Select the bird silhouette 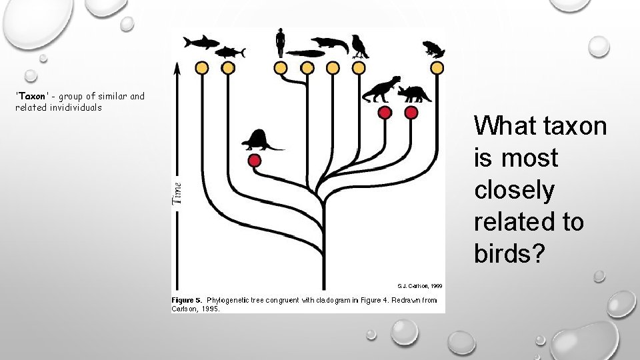[x=360, y=45]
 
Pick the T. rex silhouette [x=382, y=89]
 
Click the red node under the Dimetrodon [x=254, y=161]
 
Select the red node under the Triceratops [x=411, y=113]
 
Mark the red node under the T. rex [x=385, y=113]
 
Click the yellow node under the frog [x=437, y=67]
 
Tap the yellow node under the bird [x=359, y=67]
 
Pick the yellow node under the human [x=281, y=67]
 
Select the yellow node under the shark [x=201, y=67]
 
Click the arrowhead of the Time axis [x=177, y=68]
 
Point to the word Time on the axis [x=177, y=193]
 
